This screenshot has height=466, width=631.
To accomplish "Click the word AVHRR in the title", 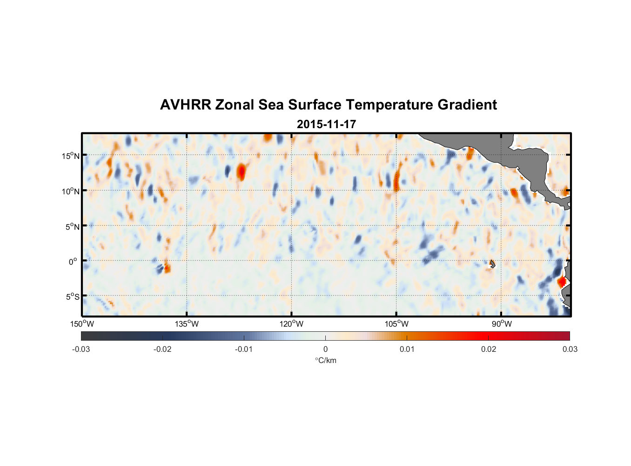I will [x=185, y=105].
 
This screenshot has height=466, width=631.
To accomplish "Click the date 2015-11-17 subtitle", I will [x=326, y=124].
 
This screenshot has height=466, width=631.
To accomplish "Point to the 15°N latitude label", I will [x=70, y=156].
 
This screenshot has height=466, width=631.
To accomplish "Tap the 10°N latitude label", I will [x=70, y=191].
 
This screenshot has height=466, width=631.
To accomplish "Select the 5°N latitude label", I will [x=72, y=226].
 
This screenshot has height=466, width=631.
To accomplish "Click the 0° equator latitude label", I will [x=73, y=261].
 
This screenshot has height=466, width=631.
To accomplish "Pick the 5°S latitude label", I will [x=72, y=297].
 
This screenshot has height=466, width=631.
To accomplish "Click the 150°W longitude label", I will [x=82, y=324].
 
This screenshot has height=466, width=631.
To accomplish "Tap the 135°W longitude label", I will [x=187, y=324].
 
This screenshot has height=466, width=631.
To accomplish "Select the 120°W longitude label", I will [x=291, y=324].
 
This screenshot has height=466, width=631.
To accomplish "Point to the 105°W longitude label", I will [x=396, y=324].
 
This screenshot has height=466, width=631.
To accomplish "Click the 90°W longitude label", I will [x=502, y=324].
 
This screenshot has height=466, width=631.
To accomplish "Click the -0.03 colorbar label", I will [x=81, y=349].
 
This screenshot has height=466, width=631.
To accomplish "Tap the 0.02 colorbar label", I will [x=489, y=349].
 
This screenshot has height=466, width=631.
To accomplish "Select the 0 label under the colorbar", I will [x=325, y=349].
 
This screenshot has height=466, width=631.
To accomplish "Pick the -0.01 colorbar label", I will [x=244, y=349].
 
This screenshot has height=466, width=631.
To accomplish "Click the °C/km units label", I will [x=325, y=360].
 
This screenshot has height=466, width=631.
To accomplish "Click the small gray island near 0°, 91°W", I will [x=492, y=264].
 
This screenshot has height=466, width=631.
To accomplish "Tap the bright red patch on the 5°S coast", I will [x=562, y=281].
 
